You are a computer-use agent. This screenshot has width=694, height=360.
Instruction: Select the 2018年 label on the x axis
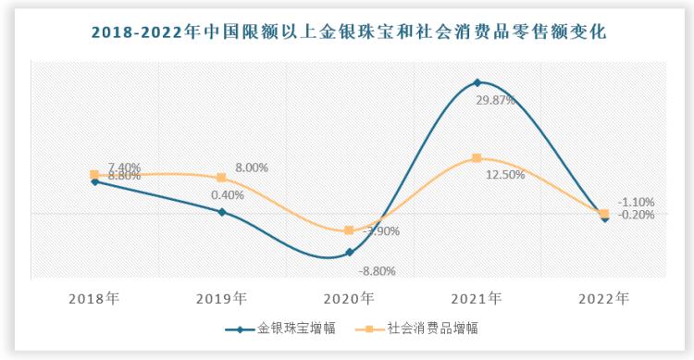pos(94,298)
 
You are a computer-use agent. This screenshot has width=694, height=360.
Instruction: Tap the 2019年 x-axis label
pos(222,298)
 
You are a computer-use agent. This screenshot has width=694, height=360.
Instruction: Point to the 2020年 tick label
pos(349,298)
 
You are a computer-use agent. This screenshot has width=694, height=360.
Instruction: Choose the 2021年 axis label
pos(477,298)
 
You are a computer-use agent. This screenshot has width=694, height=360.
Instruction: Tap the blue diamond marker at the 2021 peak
pos(477,83)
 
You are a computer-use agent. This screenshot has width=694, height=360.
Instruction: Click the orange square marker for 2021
pos(477,158)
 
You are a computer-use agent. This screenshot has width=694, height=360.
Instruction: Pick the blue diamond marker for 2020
pos(349,252)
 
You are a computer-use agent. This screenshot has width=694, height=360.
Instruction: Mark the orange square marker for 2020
pos(349,230)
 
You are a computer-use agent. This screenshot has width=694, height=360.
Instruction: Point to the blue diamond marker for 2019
pos(222,212)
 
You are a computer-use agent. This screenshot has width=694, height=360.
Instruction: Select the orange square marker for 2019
pos(222,178)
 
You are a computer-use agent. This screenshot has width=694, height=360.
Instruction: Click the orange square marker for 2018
pos(94,174)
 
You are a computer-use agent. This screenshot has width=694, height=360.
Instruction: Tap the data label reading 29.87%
pos(495,100)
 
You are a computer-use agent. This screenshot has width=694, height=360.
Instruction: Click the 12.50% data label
pos(505,174)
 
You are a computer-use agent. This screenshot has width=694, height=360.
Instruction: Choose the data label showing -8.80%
pos(377,271)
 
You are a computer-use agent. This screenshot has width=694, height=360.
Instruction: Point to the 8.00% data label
pos(251,168)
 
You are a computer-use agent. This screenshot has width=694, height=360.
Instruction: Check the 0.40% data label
pos(227,195)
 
